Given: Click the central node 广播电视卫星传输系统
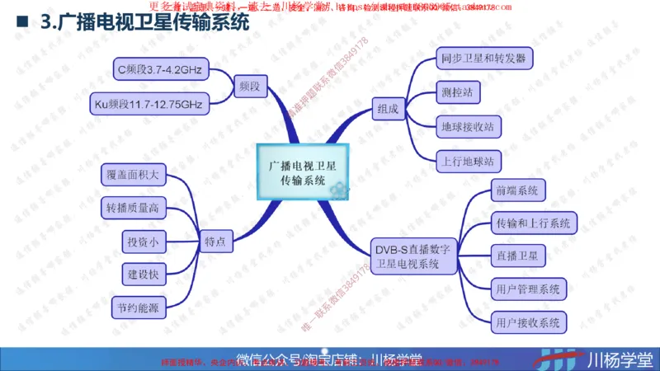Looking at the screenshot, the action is click(302, 172).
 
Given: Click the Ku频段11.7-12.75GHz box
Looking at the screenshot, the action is click(148, 105).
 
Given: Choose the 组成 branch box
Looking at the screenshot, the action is click(387, 108).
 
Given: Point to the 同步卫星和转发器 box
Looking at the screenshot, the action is click(483, 59).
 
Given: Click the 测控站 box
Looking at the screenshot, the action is click(457, 92).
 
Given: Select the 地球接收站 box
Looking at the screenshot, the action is click(467, 126).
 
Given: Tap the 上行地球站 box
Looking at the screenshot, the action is click(467, 160).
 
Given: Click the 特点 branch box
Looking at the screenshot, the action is click(218, 242).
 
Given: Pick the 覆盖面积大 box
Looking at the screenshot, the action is click(137, 175).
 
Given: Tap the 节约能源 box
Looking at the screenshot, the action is click(137, 308).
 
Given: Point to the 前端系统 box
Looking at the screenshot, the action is click(516, 190).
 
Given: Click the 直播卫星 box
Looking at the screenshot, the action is click(516, 256).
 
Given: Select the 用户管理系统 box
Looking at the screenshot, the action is click(528, 289).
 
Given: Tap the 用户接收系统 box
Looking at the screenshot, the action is click(528, 322).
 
